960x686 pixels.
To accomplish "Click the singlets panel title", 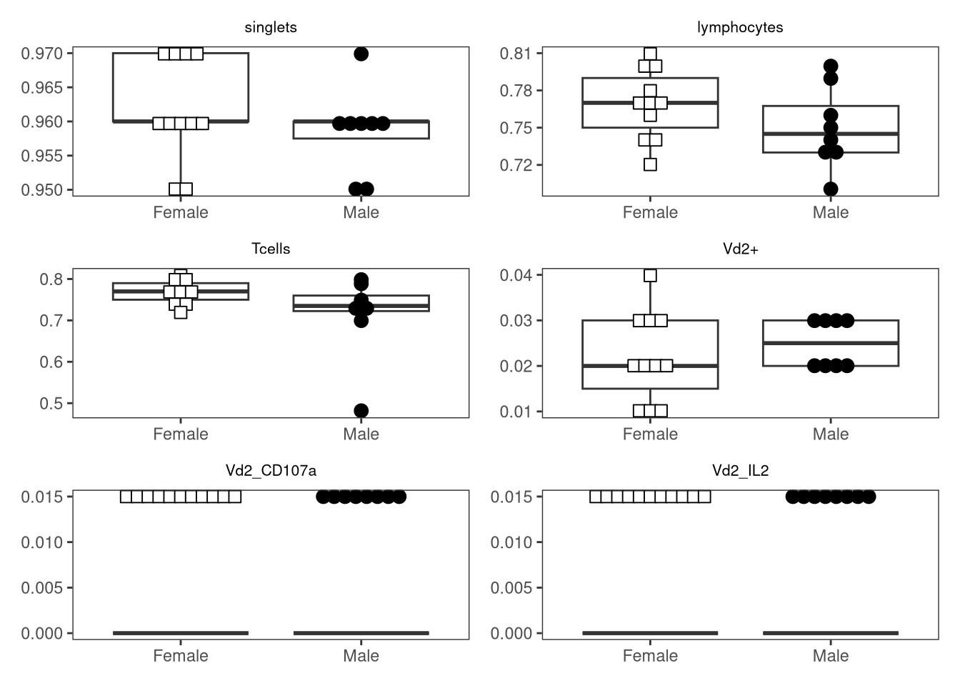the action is tap(271, 27).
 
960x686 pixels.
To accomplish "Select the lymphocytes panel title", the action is tap(740, 27).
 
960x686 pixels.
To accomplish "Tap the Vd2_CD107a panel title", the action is tap(271, 471).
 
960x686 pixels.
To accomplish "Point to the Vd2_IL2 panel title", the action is tap(740, 471).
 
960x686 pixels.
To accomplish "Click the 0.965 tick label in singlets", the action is tap(42, 88).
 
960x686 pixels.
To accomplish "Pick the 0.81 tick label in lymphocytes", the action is tap(516, 54).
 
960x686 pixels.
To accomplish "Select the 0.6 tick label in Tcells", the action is tap(51, 362).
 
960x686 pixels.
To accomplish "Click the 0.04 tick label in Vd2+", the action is tap(516, 275).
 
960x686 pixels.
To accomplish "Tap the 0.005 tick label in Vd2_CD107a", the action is tap(42, 588).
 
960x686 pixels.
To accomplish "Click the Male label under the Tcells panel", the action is tap(361, 434).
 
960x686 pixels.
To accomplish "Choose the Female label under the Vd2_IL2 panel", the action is tap(650, 656).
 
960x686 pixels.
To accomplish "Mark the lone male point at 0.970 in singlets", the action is tap(361, 54).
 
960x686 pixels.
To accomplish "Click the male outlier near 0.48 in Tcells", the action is tap(361, 411).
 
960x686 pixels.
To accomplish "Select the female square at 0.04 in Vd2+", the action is tap(650, 275).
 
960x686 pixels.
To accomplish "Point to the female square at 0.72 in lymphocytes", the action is tap(650, 164).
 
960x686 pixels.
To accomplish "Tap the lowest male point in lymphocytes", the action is tap(831, 189).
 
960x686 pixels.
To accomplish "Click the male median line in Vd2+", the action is tap(831, 343).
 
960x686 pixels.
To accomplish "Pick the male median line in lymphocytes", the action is tap(831, 134).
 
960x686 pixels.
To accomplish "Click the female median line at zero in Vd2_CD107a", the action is tap(181, 633).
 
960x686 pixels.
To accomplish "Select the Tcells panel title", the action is tap(271, 249).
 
